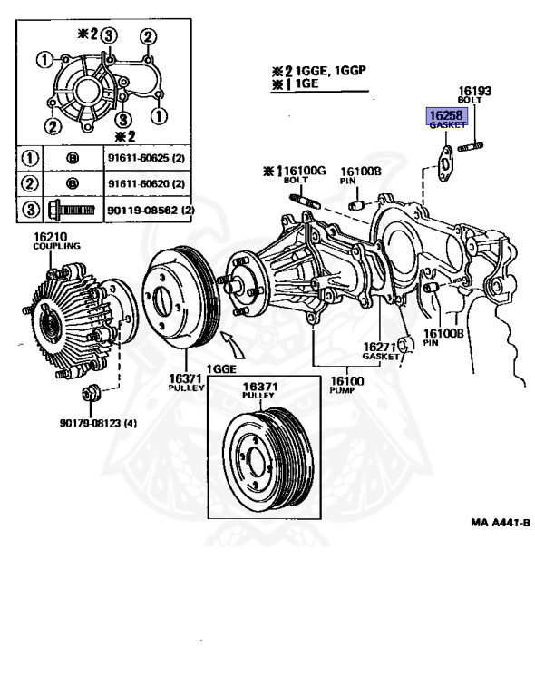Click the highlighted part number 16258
click(445, 117)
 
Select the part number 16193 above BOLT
click(474, 91)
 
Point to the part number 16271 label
click(381, 348)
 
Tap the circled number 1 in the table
click(29, 158)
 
